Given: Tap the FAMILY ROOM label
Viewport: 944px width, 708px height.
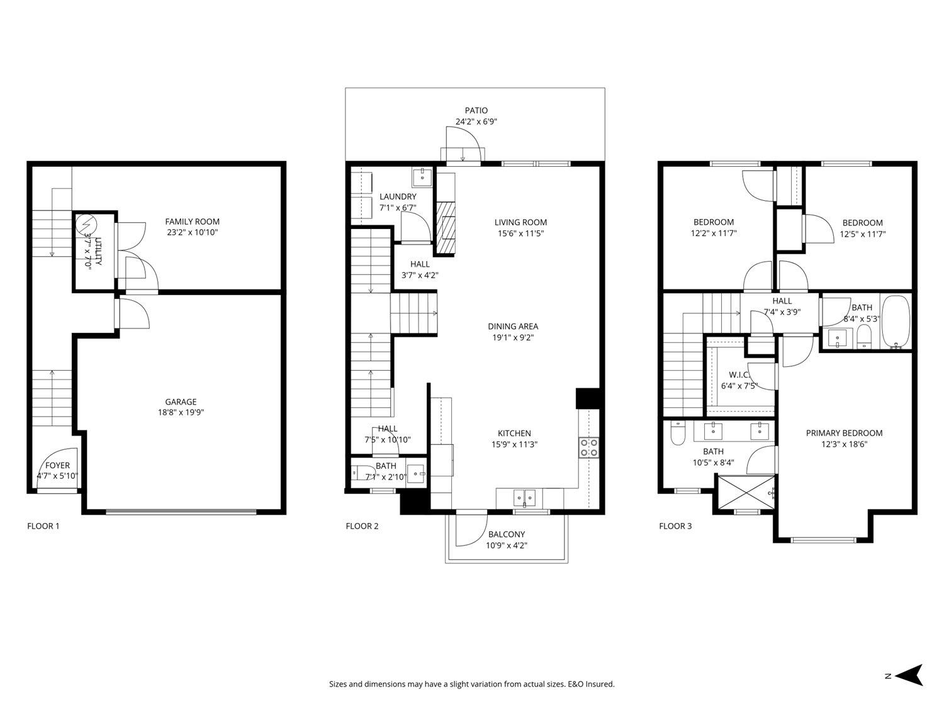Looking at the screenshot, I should tap(192, 222).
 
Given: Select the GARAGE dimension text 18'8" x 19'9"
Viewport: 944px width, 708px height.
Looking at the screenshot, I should tap(181, 413).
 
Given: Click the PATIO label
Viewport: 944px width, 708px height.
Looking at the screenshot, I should tap(476, 111).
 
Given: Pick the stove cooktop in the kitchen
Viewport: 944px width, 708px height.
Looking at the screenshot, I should tap(589, 447).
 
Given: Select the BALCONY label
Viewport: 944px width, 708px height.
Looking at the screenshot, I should tap(506, 534).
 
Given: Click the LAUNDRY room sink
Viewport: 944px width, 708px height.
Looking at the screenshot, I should tap(421, 177).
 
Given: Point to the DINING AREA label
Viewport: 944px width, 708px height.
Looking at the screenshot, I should tap(513, 326).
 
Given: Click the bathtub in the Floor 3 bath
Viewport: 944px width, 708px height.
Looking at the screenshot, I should tap(896, 322).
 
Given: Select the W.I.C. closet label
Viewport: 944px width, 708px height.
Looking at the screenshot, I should tap(738, 375).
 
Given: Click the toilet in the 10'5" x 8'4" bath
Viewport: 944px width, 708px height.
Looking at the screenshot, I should tap(677, 434).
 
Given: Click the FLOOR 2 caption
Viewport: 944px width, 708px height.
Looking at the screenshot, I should tap(362, 526).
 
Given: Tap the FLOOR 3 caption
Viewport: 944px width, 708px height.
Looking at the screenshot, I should tap(675, 526).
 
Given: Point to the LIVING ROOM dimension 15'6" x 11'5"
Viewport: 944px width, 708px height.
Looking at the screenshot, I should tap(520, 233).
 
